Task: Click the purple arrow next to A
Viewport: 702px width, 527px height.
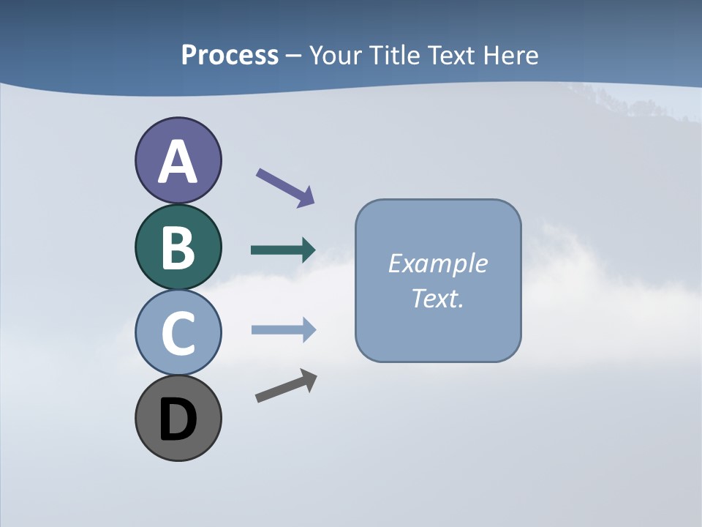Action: point(285,187)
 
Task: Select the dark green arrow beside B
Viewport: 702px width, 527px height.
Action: point(283,250)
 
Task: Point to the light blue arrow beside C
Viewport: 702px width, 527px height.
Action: point(283,330)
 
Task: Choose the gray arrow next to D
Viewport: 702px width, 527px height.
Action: point(286,386)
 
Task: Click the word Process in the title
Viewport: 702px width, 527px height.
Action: point(230,55)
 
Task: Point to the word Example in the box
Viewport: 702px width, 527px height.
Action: point(437,263)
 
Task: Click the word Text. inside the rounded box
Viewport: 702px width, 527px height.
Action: point(437,298)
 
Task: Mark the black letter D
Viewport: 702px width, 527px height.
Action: point(178,420)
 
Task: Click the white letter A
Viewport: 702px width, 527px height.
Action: point(178,162)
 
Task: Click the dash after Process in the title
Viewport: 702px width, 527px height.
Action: point(293,56)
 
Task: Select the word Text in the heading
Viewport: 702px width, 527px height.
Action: point(452,55)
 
